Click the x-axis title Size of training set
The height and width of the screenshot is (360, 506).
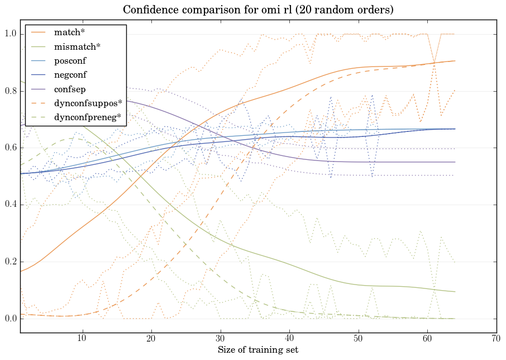(257, 350)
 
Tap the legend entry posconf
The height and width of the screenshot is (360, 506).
(70, 60)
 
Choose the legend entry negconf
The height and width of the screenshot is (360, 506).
(70, 74)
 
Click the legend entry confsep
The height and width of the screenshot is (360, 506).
(69, 89)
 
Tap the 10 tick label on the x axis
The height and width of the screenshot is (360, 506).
(82, 338)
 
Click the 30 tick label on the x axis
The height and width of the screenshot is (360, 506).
(220, 338)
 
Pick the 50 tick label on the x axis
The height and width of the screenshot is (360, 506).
(358, 338)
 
